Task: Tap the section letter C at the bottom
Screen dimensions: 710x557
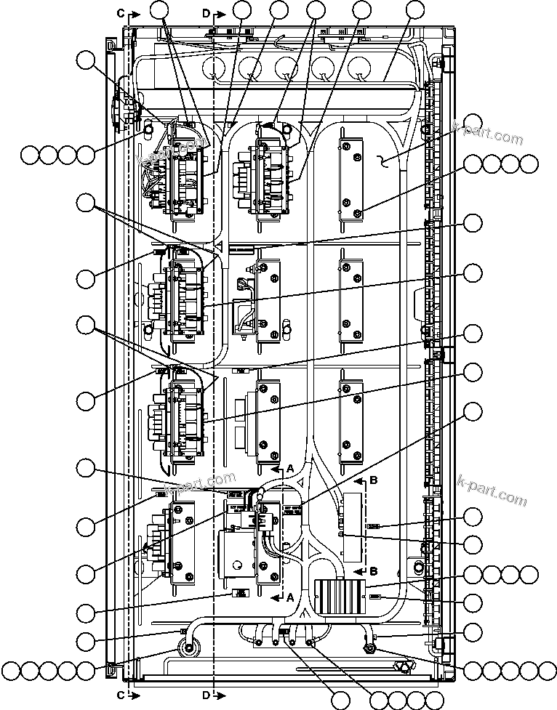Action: point(121,695)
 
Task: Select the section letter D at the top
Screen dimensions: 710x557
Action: point(207,13)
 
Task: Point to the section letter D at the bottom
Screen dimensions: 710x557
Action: point(207,695)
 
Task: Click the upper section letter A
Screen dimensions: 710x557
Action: point(289,469)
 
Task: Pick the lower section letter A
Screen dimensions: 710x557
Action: point(289,597)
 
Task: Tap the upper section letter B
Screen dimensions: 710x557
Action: point(374,480)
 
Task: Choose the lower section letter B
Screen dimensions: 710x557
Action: point(374,570)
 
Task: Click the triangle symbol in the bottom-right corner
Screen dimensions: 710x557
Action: point(401,666)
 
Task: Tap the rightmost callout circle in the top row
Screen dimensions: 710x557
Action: point(414,9)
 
